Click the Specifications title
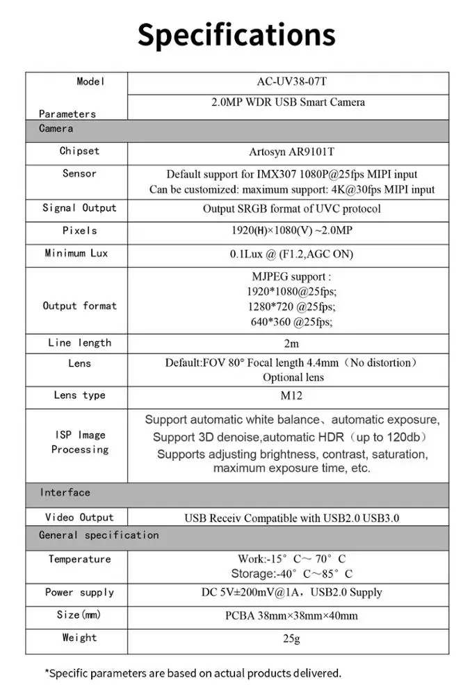[236, 35]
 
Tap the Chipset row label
[79, 151]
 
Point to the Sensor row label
[79, 173]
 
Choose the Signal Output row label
[79, 208]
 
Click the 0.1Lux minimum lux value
[291, 254]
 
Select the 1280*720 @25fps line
[291, 306]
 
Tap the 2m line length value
[291, 343]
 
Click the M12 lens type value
[293, 395]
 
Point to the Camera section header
[56, 129]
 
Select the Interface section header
[65, 493]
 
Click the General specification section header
[99, 535]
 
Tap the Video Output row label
[79, 517]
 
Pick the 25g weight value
[291, 638]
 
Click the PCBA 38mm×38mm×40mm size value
[291, 615]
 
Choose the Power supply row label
[79, 592]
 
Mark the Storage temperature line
[291, 574]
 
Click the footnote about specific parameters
[193, 673]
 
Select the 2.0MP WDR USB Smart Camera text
[288, 102]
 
